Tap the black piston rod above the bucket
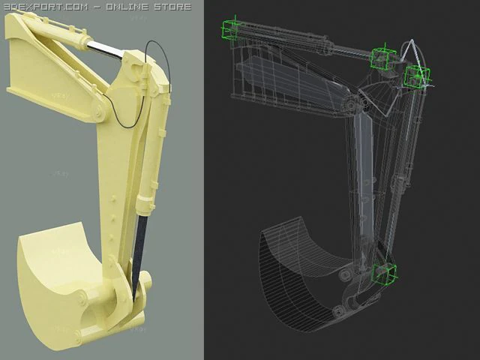click(139, 247)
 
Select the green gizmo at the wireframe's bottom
click(384, 274)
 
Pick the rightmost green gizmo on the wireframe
click(416, 76)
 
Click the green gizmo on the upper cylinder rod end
click(382, 57)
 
